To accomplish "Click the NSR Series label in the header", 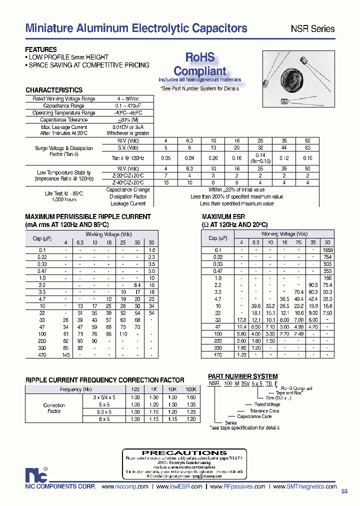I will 312,29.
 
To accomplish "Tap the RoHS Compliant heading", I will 199,64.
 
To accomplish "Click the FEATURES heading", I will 41,50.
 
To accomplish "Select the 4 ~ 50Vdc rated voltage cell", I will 127,99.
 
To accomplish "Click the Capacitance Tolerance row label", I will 63,120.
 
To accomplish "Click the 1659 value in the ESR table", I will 327,250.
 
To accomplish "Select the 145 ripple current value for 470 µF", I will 65,355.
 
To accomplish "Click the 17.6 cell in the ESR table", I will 241,320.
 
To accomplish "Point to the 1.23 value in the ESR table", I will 241,355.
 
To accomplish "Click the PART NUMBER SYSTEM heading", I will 242,376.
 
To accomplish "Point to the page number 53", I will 344,491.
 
